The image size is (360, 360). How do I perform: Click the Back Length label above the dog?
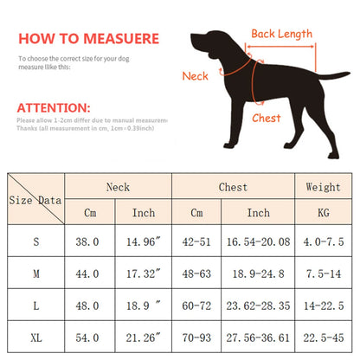point(281,34)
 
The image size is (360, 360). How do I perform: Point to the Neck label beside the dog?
point(195,76)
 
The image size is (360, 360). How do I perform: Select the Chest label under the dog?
point(267,118)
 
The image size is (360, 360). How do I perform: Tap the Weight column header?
point(323,186)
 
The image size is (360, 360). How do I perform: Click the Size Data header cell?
point(36,199)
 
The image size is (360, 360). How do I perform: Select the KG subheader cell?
point(323,213)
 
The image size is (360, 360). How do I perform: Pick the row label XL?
point(36,336)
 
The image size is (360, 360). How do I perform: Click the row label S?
point(36,242)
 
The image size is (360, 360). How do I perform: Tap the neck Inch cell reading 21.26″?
point(143,336)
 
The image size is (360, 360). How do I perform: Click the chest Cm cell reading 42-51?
point(196,242)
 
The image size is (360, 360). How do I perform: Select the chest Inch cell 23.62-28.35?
point(259,305)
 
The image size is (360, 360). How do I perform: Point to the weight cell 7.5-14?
point(323,273)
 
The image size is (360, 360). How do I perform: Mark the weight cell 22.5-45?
point(323,336)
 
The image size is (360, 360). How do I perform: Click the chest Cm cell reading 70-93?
point(196,336)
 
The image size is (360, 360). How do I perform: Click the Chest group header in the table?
point(233,186)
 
